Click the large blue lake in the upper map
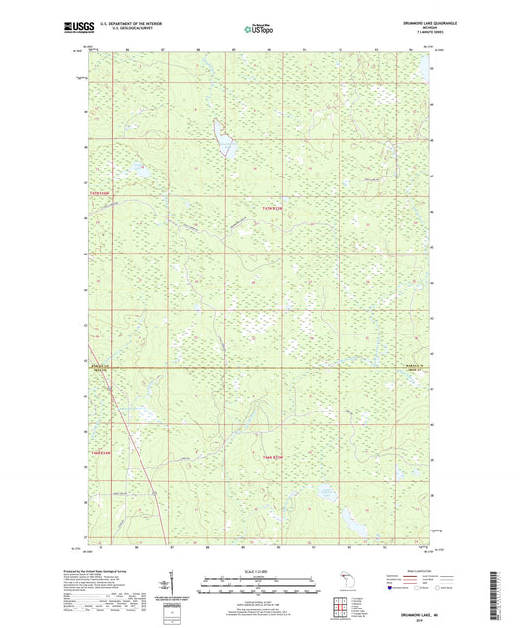pos(224,139)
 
